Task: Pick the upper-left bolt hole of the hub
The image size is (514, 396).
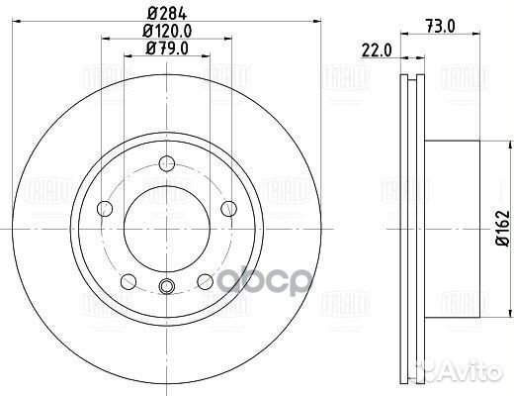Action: point(106,207)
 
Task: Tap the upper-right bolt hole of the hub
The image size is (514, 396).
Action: point(227,207)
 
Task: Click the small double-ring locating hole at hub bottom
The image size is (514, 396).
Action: point(166,288)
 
